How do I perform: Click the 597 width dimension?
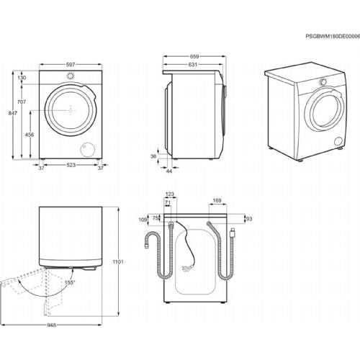tap(69, 65)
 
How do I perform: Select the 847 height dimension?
tap(10, 114)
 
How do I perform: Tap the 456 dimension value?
tap(30, 135)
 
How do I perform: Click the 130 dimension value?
tap(22, 78)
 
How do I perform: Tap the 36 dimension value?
tap(153, 156)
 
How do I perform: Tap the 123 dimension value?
tap(171, 194)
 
